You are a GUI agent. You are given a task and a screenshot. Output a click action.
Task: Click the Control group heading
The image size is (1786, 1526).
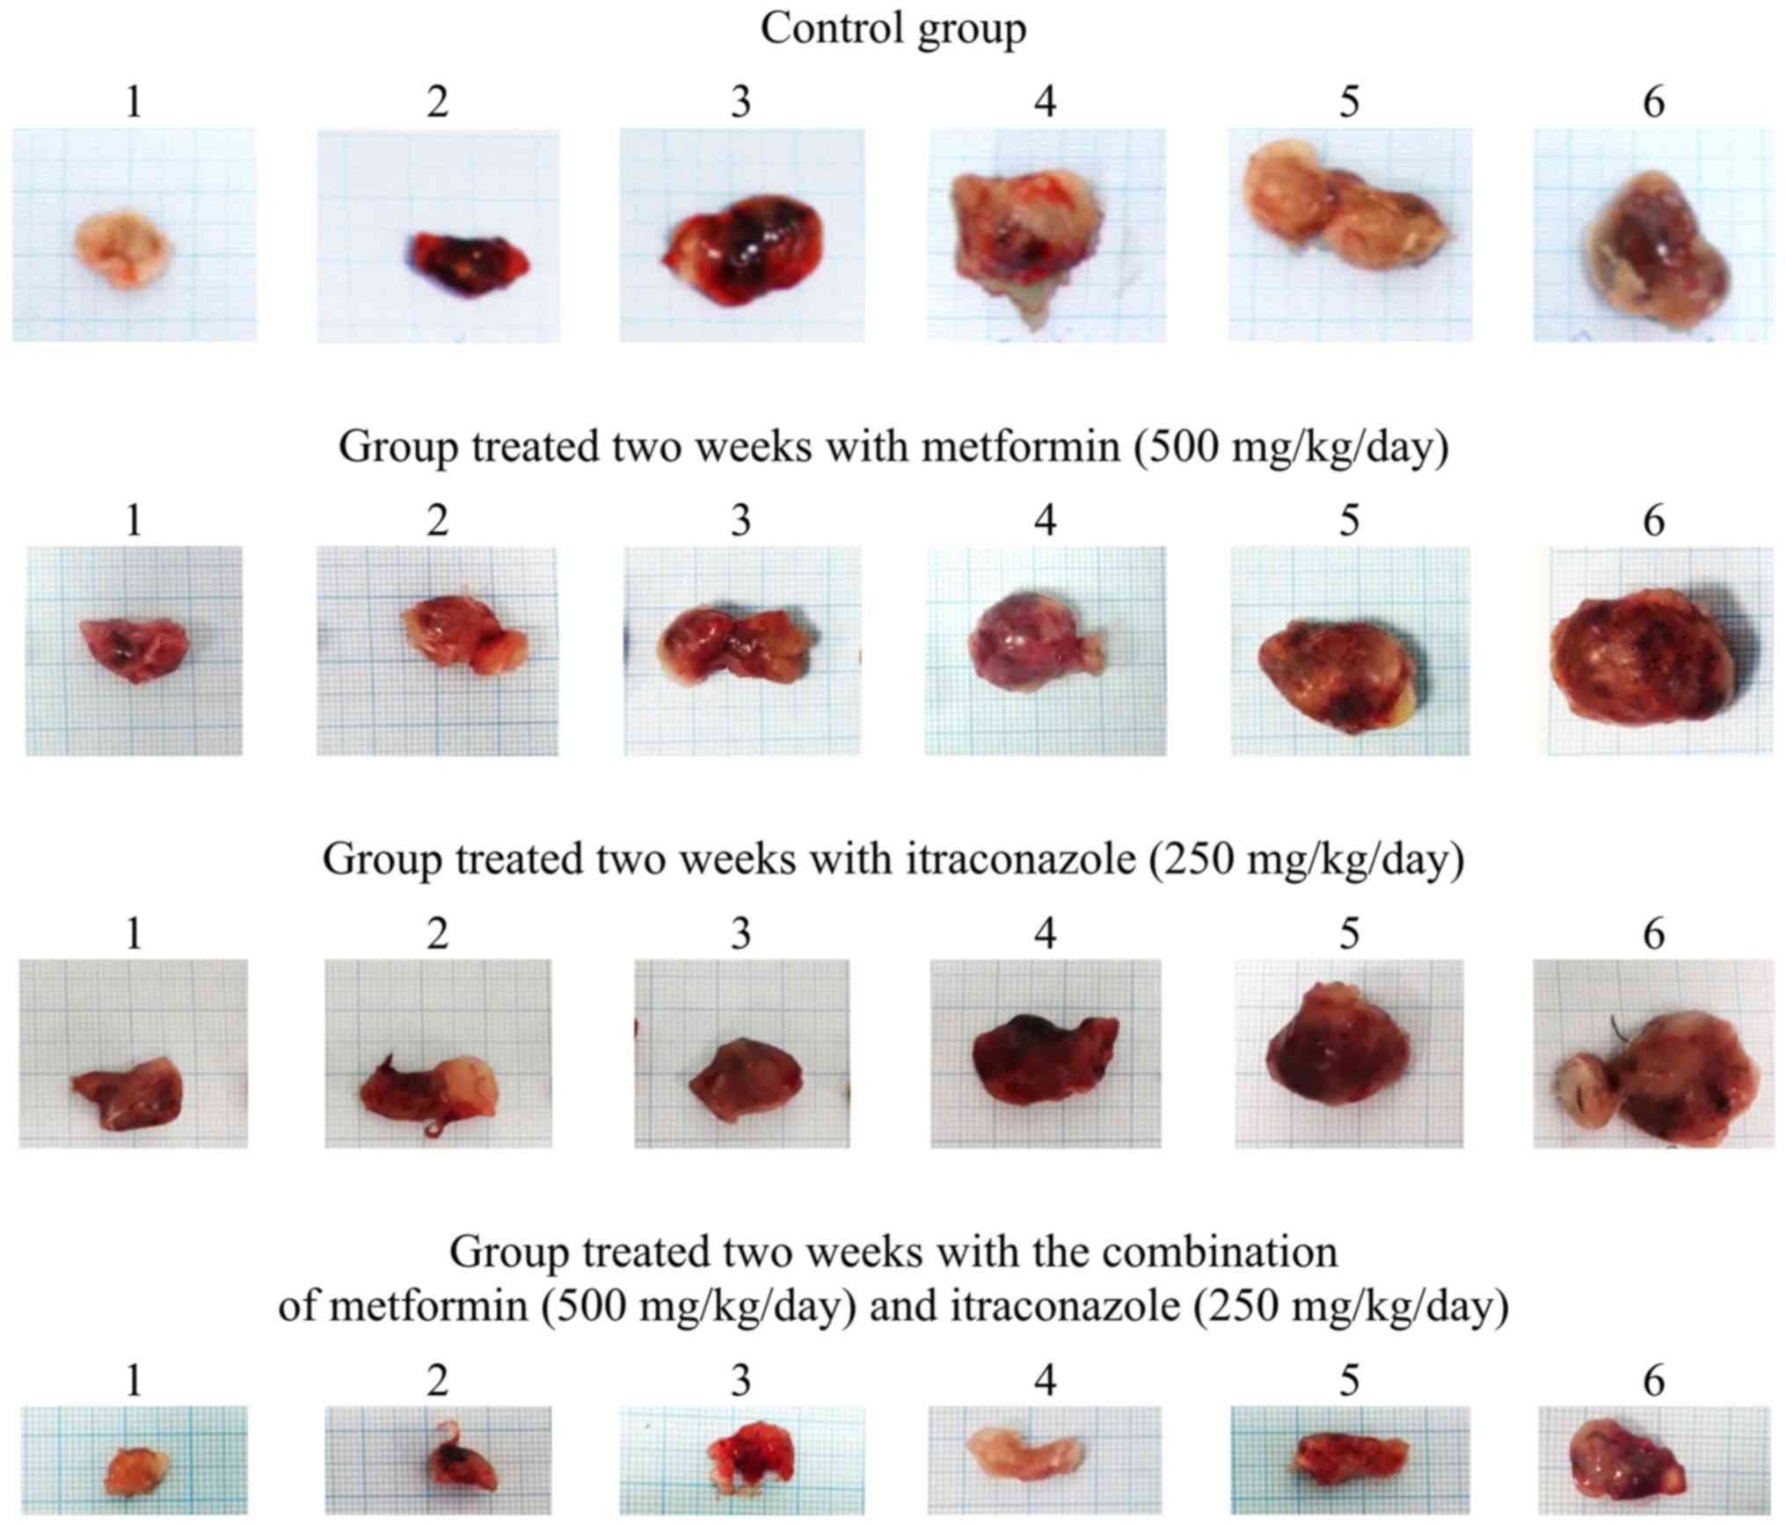point(893,28)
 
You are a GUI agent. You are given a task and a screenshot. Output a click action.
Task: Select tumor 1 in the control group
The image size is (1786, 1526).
point(123,247)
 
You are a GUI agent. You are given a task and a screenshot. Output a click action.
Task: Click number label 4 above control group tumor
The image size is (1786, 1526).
point(1045,103)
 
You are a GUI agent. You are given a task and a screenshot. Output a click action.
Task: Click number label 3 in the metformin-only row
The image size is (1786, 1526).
point(740,522)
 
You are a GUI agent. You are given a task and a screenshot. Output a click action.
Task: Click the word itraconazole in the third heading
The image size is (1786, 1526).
point(1021,859)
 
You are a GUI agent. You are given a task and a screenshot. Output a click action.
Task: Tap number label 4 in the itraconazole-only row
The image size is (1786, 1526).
point(1045,933)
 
